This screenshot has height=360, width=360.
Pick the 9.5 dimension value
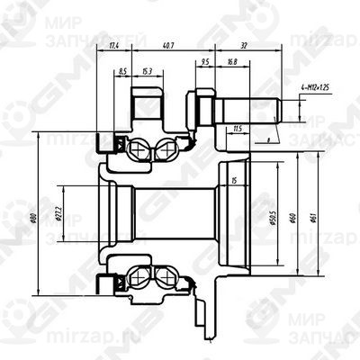tap(206, 63)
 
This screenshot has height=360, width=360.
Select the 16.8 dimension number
tap(232, 63)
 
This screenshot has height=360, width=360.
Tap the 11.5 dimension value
tap(237, 129)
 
